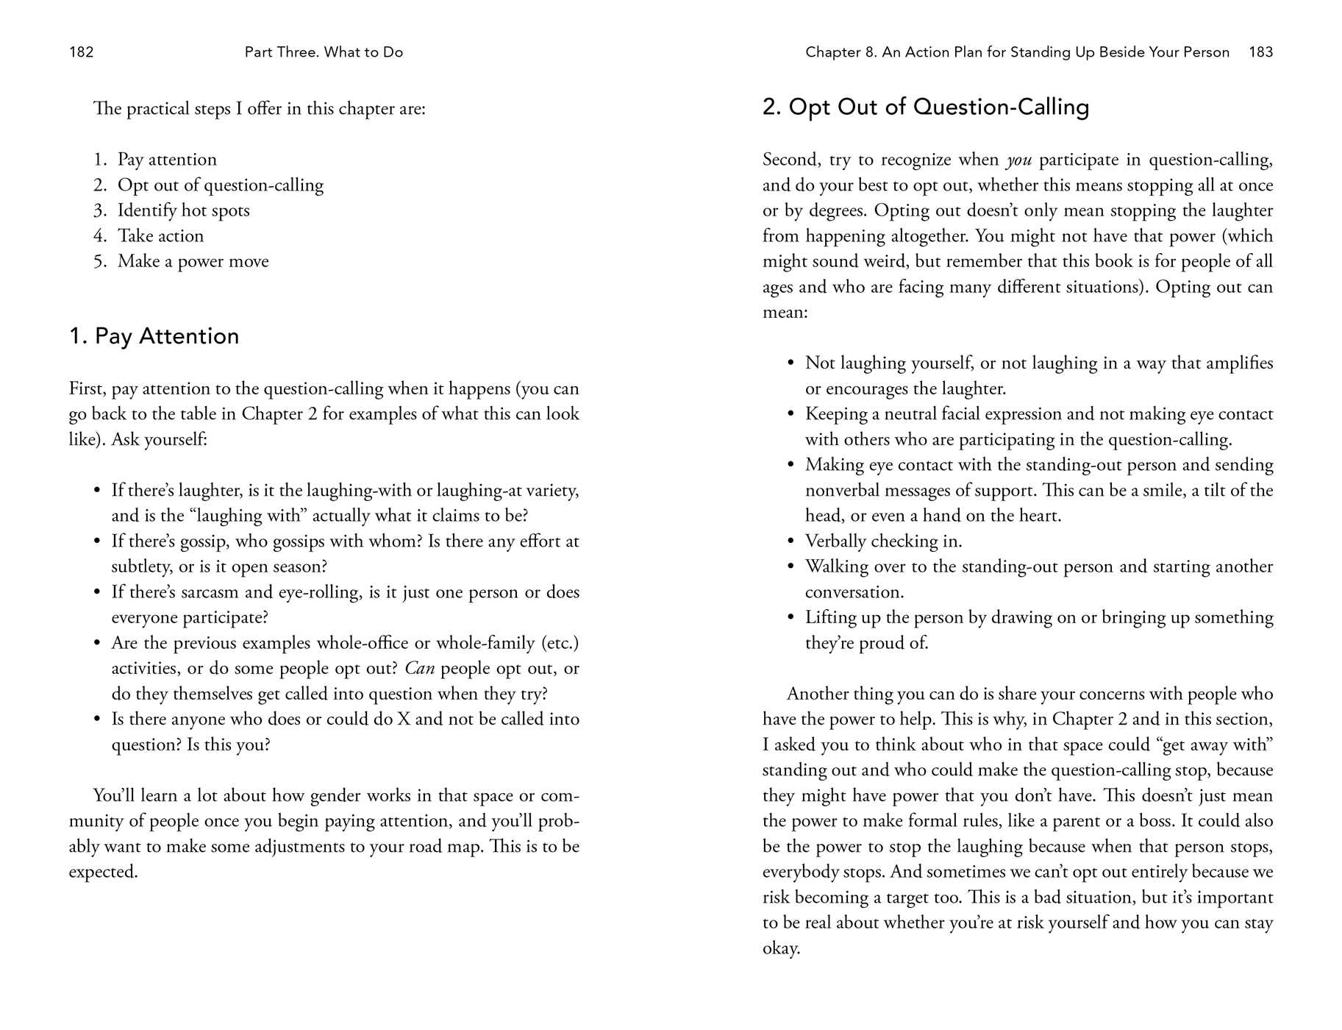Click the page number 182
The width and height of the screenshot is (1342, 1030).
point(81,52)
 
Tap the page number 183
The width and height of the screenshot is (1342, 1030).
point(1260,52)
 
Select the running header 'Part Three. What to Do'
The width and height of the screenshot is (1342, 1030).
point(324,52)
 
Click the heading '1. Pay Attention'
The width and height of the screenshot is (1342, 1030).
point(154,336)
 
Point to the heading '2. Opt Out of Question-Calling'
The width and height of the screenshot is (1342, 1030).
point(925,107)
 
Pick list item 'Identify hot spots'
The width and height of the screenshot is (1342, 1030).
point(183,210)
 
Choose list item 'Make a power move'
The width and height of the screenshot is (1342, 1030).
point(193,261)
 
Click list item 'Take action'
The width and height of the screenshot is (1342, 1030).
point(160,236)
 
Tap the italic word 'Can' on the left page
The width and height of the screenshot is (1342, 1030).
point(419,669)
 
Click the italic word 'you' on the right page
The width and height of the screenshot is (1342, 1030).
point(1018,160)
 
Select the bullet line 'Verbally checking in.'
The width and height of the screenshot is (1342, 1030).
point(883,541)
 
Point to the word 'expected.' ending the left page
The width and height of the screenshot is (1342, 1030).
point(103,873)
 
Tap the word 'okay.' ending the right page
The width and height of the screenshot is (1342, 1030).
point(781,948)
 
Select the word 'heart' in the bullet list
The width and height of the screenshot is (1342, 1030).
point(1038,516)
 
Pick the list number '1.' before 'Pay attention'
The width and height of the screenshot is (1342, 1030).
point(100,160)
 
